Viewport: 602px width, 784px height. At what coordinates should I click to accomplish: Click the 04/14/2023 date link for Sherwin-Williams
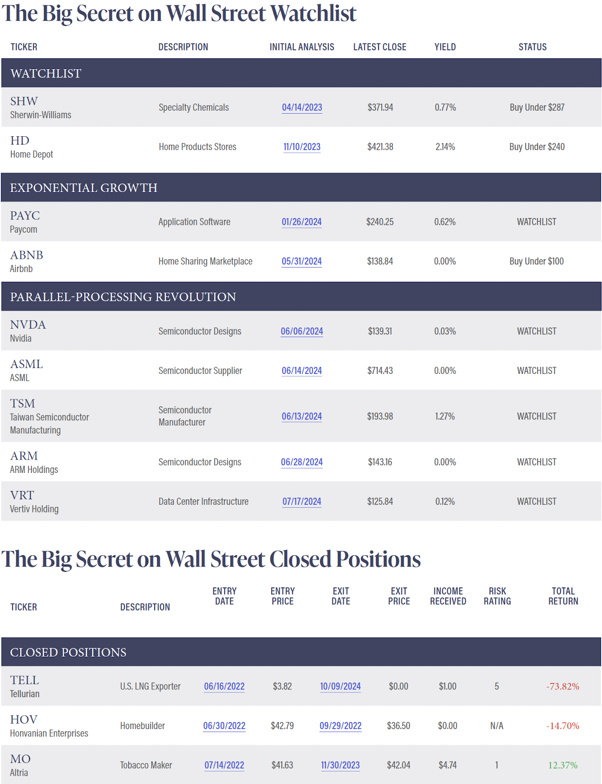[302, 107]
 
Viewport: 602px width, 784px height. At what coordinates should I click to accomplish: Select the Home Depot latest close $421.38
[380, 147]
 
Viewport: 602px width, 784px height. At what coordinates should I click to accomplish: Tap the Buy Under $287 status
[537, 107]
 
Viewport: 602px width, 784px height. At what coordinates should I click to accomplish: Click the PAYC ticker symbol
[25, 216]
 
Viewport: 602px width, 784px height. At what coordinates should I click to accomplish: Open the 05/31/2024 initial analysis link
[302, 261]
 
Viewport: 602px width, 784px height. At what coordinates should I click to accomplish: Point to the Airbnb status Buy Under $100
[536, 261]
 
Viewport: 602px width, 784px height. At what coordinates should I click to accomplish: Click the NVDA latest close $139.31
[380, 331]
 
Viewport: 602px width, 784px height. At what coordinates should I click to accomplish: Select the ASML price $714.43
[380, 371]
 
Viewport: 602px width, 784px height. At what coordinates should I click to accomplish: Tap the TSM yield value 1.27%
[445, 416]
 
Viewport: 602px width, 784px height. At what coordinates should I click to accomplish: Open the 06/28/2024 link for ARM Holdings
[302, 462]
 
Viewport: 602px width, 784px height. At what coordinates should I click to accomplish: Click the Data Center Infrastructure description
[203, 502]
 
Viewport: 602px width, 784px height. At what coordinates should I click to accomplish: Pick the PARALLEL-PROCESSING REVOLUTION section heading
[123, 297]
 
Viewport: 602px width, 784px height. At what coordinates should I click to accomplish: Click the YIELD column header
[445, 47]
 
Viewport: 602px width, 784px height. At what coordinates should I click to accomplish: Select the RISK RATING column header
[497, 596]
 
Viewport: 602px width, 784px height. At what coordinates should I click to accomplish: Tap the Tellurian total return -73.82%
[563, 686]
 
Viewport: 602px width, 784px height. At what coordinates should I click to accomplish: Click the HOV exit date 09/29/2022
[340, 726]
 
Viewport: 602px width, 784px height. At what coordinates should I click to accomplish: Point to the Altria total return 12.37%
[563, 765]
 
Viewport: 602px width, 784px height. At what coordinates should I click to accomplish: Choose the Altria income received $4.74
[447, 765]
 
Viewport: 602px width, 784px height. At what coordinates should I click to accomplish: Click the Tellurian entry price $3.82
[282, 686]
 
